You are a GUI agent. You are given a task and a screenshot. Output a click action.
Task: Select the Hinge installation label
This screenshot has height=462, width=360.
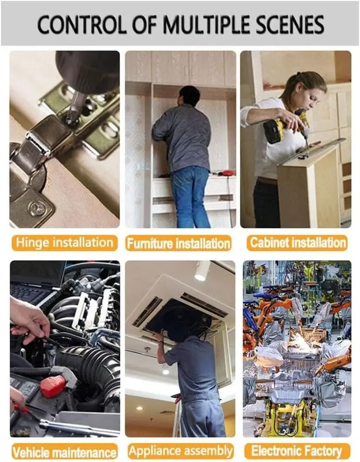(x=65, y=243)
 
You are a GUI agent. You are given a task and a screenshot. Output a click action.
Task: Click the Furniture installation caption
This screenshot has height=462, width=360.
(x=179, y=244)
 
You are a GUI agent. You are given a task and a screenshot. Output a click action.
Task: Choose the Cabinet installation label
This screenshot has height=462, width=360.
(x=298, y=243)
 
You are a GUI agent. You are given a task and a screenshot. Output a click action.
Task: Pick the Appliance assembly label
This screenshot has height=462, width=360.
(x=181, y=451)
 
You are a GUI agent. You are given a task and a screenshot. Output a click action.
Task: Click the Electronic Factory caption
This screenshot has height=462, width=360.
(x=297, y=451)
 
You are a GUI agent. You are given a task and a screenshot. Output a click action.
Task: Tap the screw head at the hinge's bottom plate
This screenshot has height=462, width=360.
(x=37, y=208)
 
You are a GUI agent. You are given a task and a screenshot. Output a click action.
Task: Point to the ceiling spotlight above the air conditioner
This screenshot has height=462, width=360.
(x=202, y=271)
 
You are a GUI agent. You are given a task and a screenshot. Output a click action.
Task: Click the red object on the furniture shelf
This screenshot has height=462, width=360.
(x=228, y=172)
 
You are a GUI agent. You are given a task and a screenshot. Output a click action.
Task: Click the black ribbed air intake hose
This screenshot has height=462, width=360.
(x=88, y=368)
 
